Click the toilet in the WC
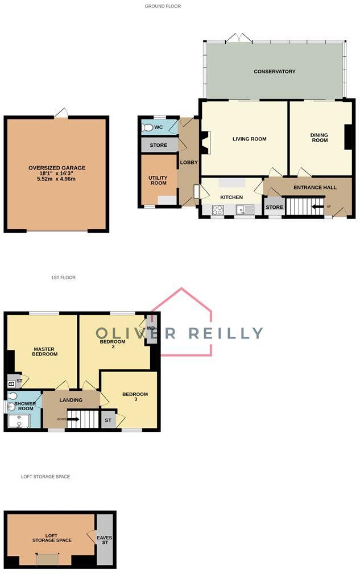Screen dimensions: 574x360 tap(148, 127)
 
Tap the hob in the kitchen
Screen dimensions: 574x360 tap(218, 210)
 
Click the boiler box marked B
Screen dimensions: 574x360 tap(11, 383)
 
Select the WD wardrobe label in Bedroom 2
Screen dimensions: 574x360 tap(151, 329)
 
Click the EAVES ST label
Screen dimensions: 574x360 tap(105, 539)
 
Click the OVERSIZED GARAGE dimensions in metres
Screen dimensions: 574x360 tap(57, 179)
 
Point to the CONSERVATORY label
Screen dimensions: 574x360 tap(275, 72)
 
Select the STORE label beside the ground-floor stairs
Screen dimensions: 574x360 tap(274, 207)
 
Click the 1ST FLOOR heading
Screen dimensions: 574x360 tap(63, 278)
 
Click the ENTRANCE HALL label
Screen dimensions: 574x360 tap(315, 187)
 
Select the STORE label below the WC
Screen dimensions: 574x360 tap(159, 146)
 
